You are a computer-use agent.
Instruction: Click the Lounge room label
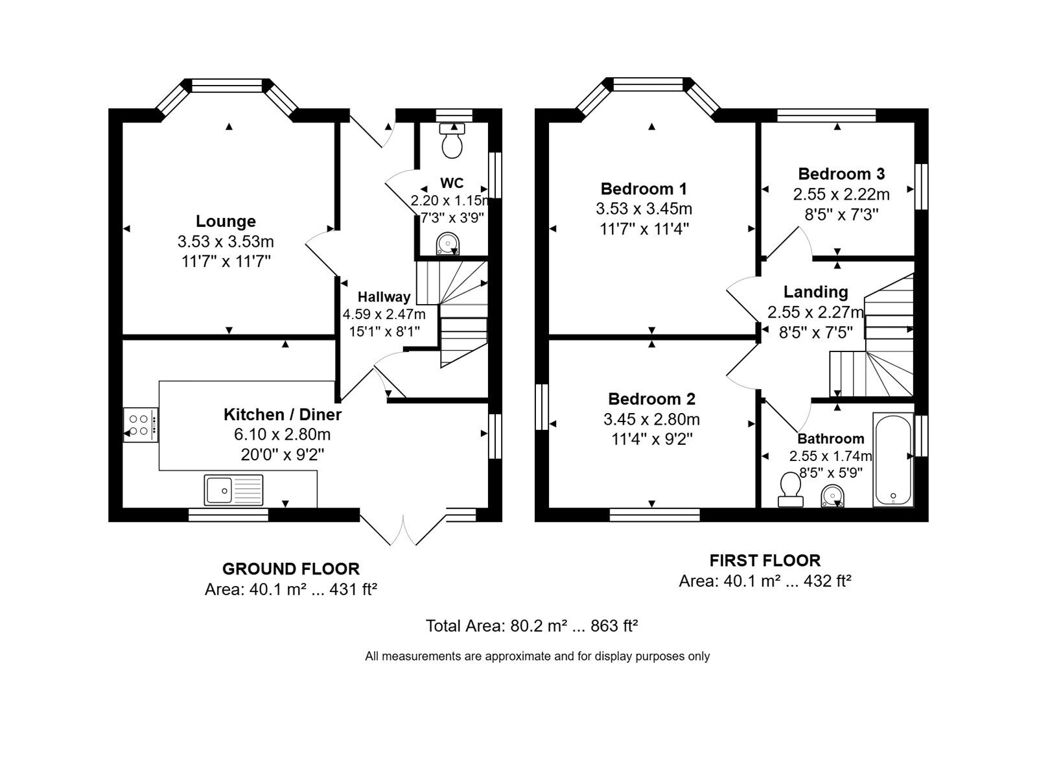click(x=226, y=221)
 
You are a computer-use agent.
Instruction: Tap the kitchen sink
click(x=233, y=490)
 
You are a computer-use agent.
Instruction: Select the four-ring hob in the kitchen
click(x=141, y=425)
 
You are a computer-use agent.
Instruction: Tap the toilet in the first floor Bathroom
click(x=790, y=490)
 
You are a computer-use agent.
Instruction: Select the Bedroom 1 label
click(x=644, y=189)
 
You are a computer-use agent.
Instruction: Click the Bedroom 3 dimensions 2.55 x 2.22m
click(x=841, y=194)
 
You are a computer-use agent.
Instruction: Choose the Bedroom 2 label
click(x=651, y=399)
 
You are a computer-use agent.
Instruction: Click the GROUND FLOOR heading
click(x=291, y=569)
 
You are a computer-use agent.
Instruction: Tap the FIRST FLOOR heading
click(x=765, y=561)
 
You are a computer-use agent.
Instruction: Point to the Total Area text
click(x=532, y=626)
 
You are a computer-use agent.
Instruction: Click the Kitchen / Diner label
click(x=283, y=414)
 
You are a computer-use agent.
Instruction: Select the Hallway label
click(x=384, y=297)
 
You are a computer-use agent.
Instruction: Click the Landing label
click(x=816, y=292)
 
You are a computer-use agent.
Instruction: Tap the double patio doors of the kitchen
click(x=403, y=528)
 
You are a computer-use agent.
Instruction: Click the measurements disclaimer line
click(x=537, y=656)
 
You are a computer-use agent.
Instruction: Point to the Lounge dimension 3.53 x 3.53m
click(x=226, y=241)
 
